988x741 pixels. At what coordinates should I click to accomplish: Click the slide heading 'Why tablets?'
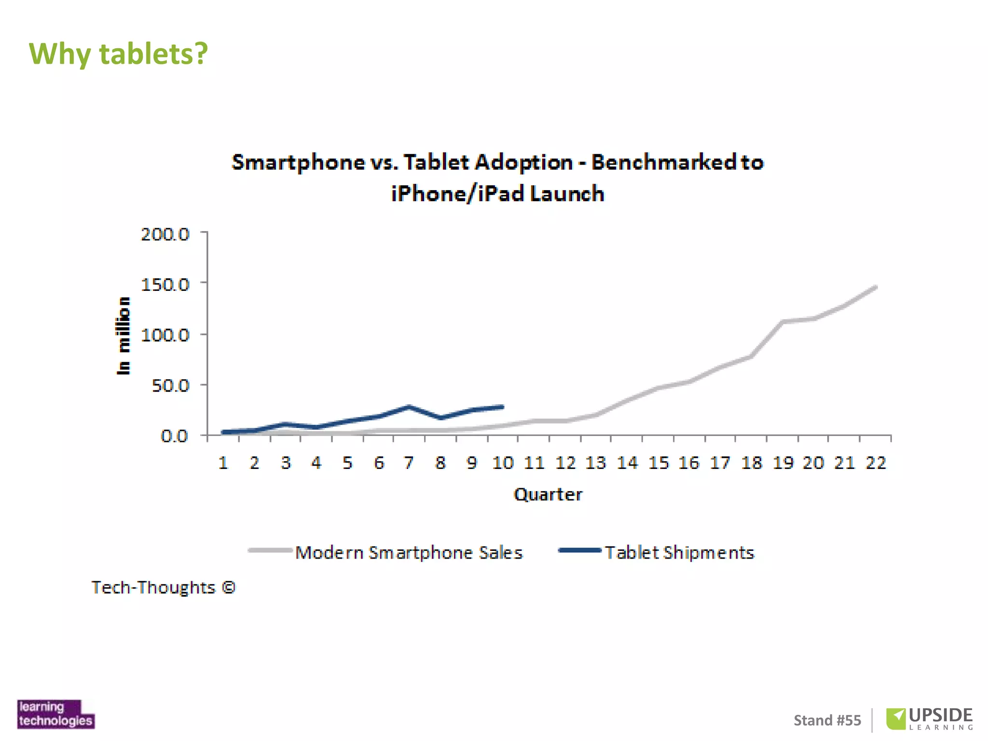[118, 54]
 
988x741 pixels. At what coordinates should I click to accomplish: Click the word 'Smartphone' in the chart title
[298, 162]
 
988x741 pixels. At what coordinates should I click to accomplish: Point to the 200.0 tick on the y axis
[165, 234]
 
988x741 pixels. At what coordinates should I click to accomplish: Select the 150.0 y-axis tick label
[165, 285]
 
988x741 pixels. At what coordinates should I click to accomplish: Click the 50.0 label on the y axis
[170, 385]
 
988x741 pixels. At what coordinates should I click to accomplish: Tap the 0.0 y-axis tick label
[174, 436]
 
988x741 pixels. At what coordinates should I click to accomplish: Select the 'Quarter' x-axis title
[548, 494]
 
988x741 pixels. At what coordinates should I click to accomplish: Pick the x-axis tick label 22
[876, 463]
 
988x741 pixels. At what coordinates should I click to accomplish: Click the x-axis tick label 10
[503, 463]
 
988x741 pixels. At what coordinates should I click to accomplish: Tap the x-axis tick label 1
[223, 463]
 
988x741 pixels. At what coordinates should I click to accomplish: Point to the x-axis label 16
[688, 463]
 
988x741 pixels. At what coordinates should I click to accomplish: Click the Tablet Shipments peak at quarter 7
[409, 407]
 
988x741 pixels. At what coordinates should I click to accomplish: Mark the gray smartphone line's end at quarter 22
[875, 288]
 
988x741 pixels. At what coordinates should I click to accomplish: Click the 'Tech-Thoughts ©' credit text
[164, 588]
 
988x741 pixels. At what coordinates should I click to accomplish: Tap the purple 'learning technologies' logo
[55, 714]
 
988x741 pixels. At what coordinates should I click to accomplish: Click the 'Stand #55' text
[827, 720]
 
